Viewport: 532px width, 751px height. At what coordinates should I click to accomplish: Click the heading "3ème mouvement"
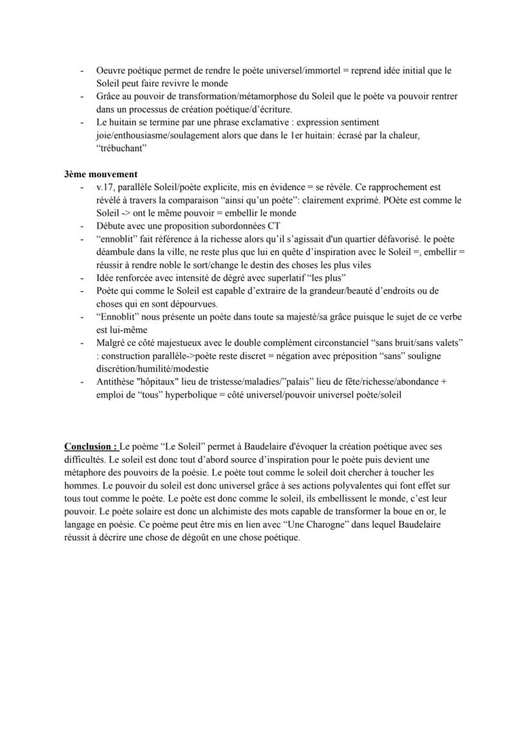(x=101, y=174)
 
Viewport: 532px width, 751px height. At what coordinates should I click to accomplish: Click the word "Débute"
(x=111, y=226)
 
